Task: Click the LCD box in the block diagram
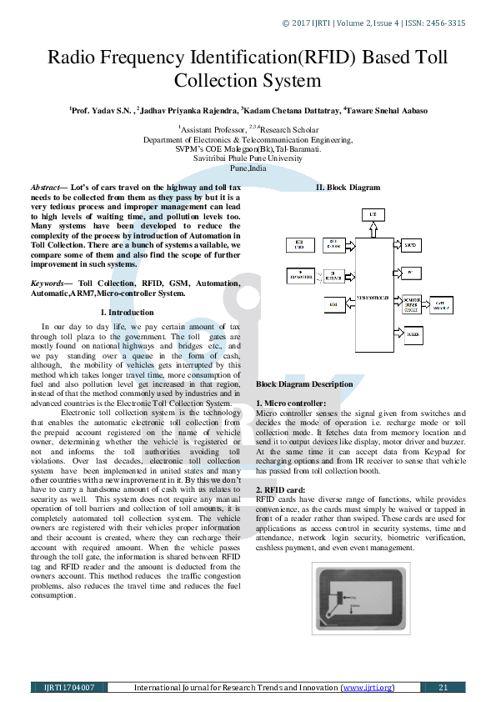tap(373, 215)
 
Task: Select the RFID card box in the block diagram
tap(300, 245)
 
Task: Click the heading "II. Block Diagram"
tap(347, 188)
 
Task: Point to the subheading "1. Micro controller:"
tap(291, 403)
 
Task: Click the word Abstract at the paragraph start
tap(46, 188)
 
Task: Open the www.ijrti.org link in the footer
tap(367, 688)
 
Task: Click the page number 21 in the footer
tap(443, 688)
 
